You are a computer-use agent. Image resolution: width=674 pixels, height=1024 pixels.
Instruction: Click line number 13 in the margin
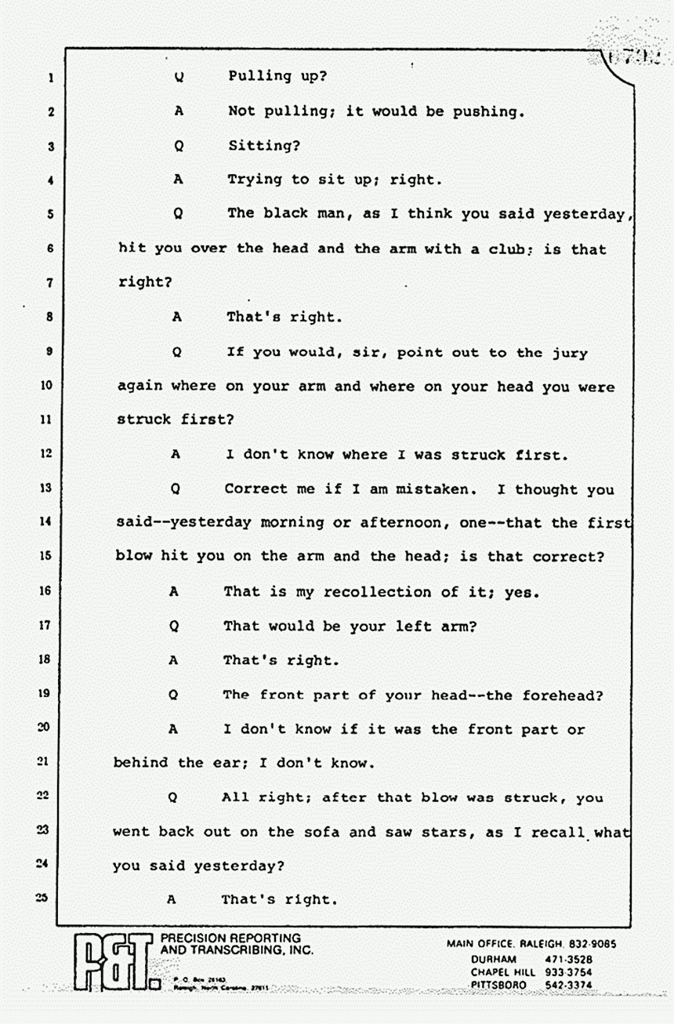tap(45, 488)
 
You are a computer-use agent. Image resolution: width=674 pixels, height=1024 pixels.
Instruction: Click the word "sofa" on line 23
tap(321, 832)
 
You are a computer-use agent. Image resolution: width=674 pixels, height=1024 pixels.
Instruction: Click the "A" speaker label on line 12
tap(176, 454)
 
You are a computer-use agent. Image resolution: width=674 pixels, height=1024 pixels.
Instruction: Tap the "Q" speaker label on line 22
tap(173, 798)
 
